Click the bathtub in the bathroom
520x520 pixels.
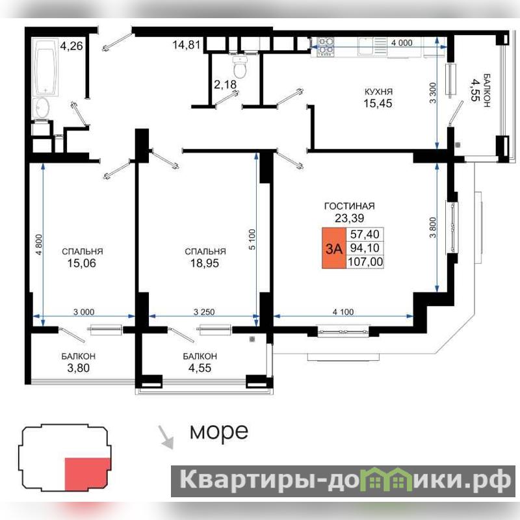pyautogui.click(x=45, y=67)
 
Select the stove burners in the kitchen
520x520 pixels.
pyautogui.click(x=326, y=46)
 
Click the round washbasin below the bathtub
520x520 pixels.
pyautogui.click(x=42, y=107)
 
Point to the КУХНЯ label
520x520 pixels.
pyautogui.click(x=378, y=92)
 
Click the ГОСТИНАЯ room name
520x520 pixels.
pyautogui.click(x=350, y=206)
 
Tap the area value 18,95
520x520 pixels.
pyautogui.click(x=205, y=263)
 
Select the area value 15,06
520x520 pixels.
pyautogui.click(x=82, y=263)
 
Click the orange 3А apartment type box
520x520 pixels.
pyautogui.click(x=334, y=248)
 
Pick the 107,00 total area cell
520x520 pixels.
pyautogui.click(x=365, y=262)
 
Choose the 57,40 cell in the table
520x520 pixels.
pyautogui.click(x=365, y=234)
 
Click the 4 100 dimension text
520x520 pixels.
pyautogui.click(x=343, y=312)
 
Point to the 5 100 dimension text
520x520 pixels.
pyautogui.click(x=252, y=239)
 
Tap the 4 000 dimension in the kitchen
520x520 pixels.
pyautogui.click(x=402, y=43)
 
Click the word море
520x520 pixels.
pyautogui.click(x=219, y=432)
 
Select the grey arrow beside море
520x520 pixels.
pyautogui.click(x=166, y=437)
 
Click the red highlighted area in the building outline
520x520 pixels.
pyautogui.click(x=87, y=474)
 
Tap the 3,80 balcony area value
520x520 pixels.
pyautogui.click(x=78, y=368)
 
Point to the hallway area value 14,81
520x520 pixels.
pyautogui.click(x=187, y=44)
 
